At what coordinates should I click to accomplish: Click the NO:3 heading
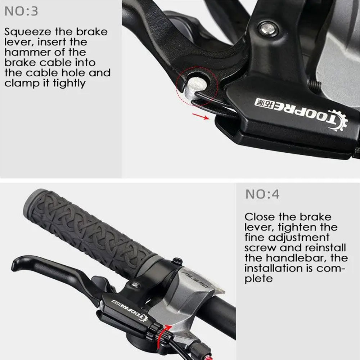pyautogui.click(x=21, y=11)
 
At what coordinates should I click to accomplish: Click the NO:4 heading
pyautogui.click(x=262, y=194)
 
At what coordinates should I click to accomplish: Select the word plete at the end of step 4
pyautogui.click(x=258, y=279)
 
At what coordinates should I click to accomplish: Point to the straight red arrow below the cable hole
pyautogui.click(x=201, y=116)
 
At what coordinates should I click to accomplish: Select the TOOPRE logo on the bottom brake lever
pyautogui.click(x=130, y=310)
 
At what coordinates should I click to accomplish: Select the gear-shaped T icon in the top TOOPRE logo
pyautogui.click(x=336, y=120)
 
